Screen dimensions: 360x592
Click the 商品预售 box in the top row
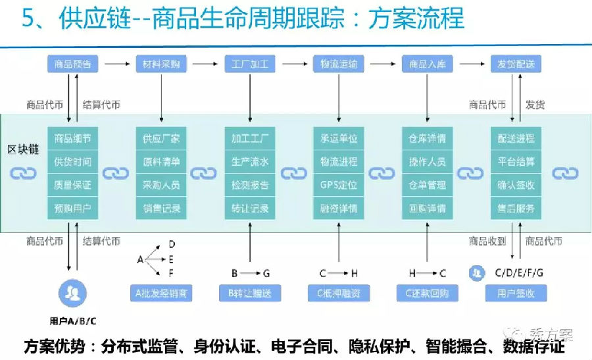click(x=72, y=64)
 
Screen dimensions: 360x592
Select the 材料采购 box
click(x=161, y=64)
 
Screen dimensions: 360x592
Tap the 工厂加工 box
click(x=250, y=64)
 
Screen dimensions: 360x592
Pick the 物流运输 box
click(x=339, y=64)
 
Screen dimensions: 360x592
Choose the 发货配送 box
click(x=516, y=64)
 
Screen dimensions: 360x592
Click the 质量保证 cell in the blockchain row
click(x=72, y=185)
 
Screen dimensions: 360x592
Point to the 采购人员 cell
click(x=161, y=185)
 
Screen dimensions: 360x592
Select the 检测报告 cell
click(x=250, y=185)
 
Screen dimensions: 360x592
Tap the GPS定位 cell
click(x=339, y=185)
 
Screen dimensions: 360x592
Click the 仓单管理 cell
click(x=428, y=185)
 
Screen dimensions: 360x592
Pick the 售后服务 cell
click(x=516, y=209)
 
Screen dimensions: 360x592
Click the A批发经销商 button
click(x=161, y=293)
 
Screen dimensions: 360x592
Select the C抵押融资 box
click(x=339, y=293)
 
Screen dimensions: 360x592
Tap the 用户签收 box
click(x=516, y=293)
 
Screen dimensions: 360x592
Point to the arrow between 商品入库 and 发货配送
click(x=471, y=64)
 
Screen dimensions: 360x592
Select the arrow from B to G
click(x=249, y=272)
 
